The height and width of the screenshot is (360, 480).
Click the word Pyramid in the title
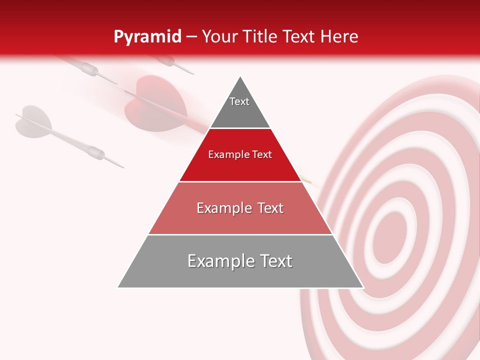pyautogui.click(x=147, y=36)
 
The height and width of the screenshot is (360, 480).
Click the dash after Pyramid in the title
pyautogui.click(x=191, y=37)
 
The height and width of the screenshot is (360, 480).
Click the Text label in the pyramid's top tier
pyautogui.click(x=239, y=101)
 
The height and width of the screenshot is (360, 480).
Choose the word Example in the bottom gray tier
pyautogui.click(x=218, y=261)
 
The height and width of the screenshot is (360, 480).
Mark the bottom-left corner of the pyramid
pyautogui.click(x=118, y=287)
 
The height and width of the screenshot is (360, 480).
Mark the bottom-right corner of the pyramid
pyautogui.click(x=363, y=287)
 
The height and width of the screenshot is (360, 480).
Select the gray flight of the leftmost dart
pyautogui.click(x=33, y=120)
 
